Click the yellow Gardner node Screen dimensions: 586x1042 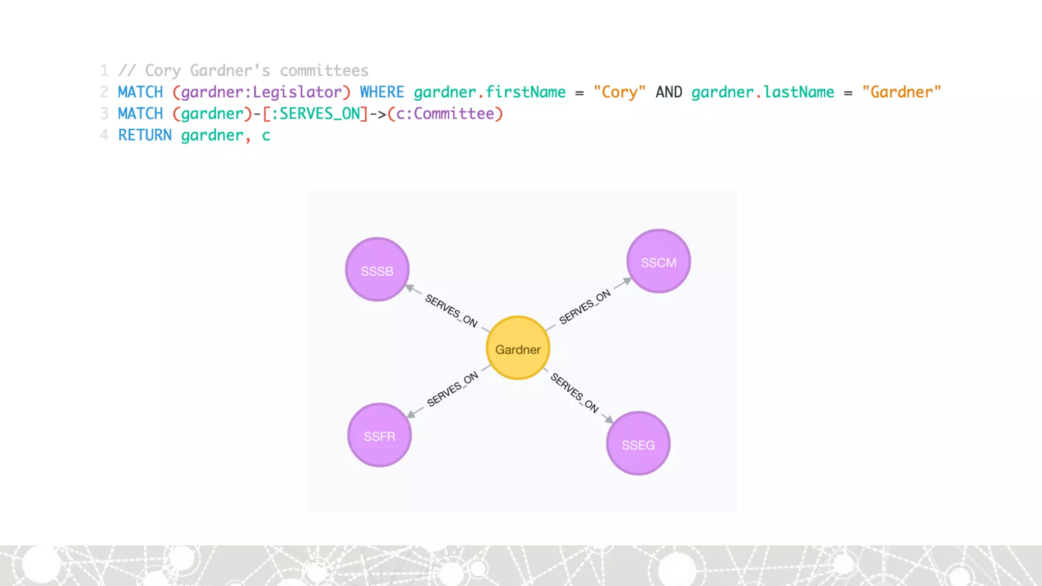518,348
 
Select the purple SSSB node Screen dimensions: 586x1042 377,270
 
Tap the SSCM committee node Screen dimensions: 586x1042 658,261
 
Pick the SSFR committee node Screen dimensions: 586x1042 379,435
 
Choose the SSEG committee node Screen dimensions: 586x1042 638,444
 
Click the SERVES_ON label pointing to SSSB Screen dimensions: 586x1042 451,310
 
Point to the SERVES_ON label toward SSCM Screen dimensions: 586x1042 585,307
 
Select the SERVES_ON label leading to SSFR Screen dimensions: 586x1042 452,389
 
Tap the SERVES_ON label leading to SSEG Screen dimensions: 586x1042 574,393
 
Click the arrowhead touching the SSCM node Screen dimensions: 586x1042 626,281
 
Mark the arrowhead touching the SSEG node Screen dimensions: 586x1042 609,420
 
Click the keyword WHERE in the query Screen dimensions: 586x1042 382,92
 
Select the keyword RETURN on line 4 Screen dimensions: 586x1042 145,135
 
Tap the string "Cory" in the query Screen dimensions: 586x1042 619,92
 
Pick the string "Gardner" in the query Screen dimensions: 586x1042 901,92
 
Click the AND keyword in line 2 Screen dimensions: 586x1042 669,92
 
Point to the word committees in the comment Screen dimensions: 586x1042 324,71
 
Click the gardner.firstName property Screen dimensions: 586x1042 489,92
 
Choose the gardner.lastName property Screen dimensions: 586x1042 763,92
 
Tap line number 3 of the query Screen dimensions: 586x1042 104,113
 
